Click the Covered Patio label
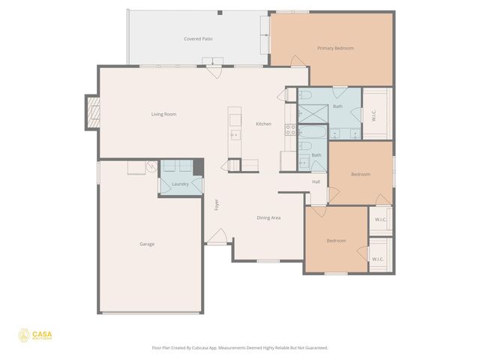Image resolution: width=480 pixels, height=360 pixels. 198,38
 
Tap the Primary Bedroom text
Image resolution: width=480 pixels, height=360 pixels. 334,48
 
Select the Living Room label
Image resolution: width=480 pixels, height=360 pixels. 163,114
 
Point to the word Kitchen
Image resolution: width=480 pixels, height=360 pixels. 263,124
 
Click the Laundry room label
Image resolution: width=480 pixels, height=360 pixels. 180,184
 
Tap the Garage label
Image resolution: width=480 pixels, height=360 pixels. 147,244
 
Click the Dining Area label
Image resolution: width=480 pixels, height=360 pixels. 268,217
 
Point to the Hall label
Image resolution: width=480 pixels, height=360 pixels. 316,181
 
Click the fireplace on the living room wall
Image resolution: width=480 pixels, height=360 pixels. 91,112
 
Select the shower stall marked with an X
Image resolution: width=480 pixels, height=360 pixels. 310,113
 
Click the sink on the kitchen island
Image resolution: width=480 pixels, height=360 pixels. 235,135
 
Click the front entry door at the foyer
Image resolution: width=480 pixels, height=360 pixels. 217,242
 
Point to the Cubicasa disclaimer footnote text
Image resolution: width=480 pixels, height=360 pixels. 239,348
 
